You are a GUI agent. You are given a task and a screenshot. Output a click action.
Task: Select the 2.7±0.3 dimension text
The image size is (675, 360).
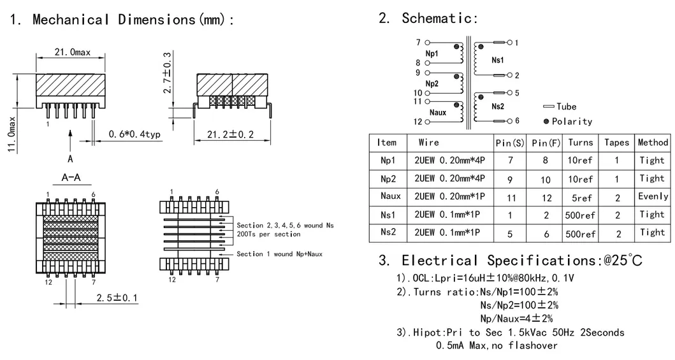[168, 73]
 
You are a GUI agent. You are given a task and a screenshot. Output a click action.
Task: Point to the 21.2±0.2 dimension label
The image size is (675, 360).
[231, 134]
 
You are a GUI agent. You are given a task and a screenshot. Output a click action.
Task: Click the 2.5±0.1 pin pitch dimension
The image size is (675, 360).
[117, 298]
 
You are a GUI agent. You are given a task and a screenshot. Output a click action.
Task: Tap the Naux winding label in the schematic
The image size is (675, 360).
[437, 112]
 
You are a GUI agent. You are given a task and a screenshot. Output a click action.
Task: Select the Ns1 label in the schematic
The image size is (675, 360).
[498, 61]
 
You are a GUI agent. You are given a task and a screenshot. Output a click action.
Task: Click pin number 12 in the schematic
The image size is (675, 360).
[417, 122]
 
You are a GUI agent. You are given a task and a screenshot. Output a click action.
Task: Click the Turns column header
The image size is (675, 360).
[580, 143]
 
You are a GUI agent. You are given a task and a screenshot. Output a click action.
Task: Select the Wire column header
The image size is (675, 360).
[429, 143]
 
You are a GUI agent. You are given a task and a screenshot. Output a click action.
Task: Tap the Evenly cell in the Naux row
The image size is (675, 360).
[653, 197]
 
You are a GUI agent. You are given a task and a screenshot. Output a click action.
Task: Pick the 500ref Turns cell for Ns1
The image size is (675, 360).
[580, 215]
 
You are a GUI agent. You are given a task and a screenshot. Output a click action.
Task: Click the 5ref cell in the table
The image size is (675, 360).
[580, 198]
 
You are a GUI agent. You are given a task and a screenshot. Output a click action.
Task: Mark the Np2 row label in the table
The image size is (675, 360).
[388, 179]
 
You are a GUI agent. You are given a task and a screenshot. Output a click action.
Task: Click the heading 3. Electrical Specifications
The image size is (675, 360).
[511, 260]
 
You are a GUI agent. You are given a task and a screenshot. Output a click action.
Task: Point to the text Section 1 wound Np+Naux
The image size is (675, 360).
[277, 254]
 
